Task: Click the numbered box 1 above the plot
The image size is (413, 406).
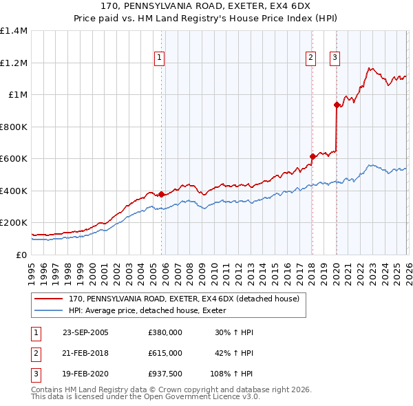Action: (159, 58)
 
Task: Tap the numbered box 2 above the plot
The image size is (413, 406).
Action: (311, 58)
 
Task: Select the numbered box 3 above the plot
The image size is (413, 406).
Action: (335, 58)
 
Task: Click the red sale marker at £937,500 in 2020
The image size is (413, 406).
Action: (337, 105)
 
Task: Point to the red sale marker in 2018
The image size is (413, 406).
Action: (312, 156)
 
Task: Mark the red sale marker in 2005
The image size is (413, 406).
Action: (162, 194)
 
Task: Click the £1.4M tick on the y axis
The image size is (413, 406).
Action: (14, 31)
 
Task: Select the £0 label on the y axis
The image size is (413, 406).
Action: (21, 255)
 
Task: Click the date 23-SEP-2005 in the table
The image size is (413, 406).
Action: (85, 332)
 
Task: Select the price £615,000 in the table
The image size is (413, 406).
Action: (165, 352)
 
